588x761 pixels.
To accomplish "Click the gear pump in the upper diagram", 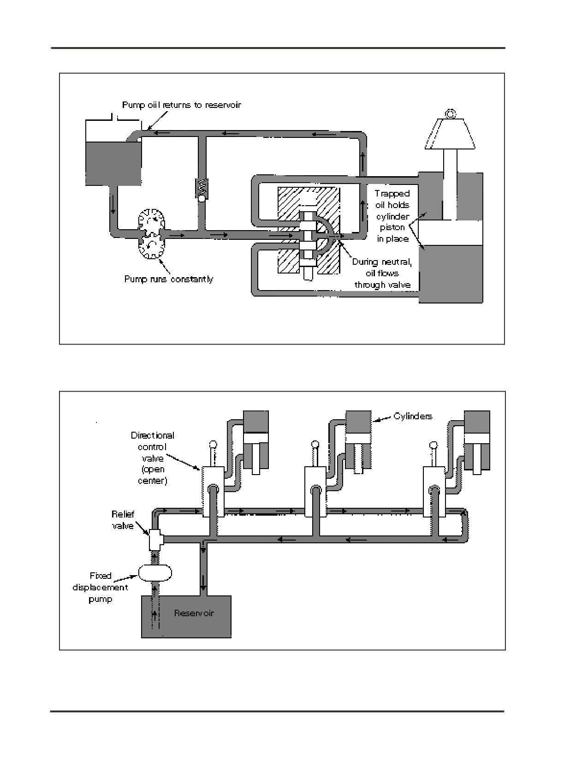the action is tap(152, 233).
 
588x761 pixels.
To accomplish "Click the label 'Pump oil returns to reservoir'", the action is tap(181, 105).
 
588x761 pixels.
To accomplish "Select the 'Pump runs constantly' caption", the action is tap(169, 279).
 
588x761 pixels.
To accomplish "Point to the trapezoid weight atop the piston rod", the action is tap(450, 134).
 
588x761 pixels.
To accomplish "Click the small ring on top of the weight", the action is tap(451, 114).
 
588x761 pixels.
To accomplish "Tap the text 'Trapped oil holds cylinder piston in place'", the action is tap(392, 216).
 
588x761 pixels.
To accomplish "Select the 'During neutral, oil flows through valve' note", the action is tap(382, 273).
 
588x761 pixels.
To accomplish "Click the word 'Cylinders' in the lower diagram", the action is tap(413, 416).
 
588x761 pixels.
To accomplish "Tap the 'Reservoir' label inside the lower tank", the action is tap(194, 613).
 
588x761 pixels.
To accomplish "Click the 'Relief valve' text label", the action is tap(123, 520).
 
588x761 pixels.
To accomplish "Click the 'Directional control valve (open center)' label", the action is tap(152, 458).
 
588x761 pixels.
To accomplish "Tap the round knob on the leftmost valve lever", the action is tap(213, 445).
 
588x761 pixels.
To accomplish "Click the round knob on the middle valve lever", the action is tap(315, 445).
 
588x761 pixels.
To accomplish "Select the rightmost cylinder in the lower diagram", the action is tap(477, 442).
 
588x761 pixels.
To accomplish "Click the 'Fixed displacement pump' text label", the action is tap(100, 587).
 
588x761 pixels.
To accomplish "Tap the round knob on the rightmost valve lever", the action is tap(434, 445).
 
